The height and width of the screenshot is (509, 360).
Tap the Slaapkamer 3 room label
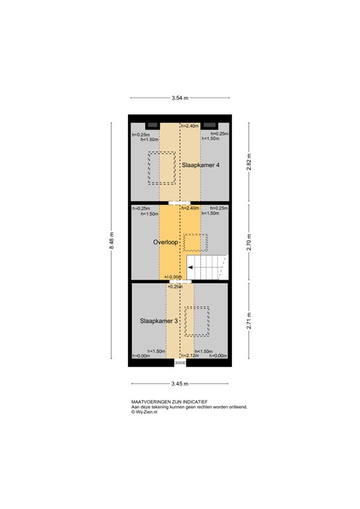tap(159, 321)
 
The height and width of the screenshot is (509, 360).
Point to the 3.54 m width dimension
tap(180, 98)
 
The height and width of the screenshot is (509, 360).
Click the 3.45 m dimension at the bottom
tap(180, 384)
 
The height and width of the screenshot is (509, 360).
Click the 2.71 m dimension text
tap(249, 321)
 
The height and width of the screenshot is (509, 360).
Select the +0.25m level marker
tap(174, 286)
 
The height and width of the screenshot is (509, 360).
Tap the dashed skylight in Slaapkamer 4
tap(162, 168)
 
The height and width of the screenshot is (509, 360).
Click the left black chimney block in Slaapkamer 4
tap(152, 125)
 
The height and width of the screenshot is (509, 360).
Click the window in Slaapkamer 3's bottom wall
tap(180, 363)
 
